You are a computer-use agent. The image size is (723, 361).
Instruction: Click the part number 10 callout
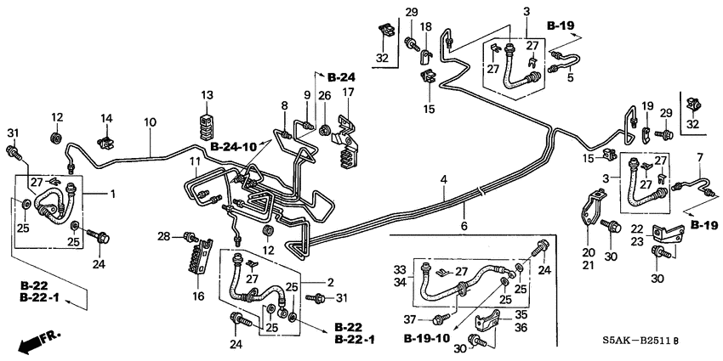(x=150, y=123)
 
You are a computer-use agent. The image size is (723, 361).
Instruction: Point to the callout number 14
(x=106, y=117)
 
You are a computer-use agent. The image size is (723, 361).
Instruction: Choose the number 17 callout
(x=348, y=93)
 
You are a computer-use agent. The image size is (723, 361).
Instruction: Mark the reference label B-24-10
(x=234, y=146)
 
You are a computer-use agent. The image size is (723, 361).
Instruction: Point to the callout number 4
(x=444, y=179)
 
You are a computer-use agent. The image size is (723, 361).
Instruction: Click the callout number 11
(x=194, y=160)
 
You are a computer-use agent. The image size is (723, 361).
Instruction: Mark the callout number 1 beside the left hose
(x=112, y=194)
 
